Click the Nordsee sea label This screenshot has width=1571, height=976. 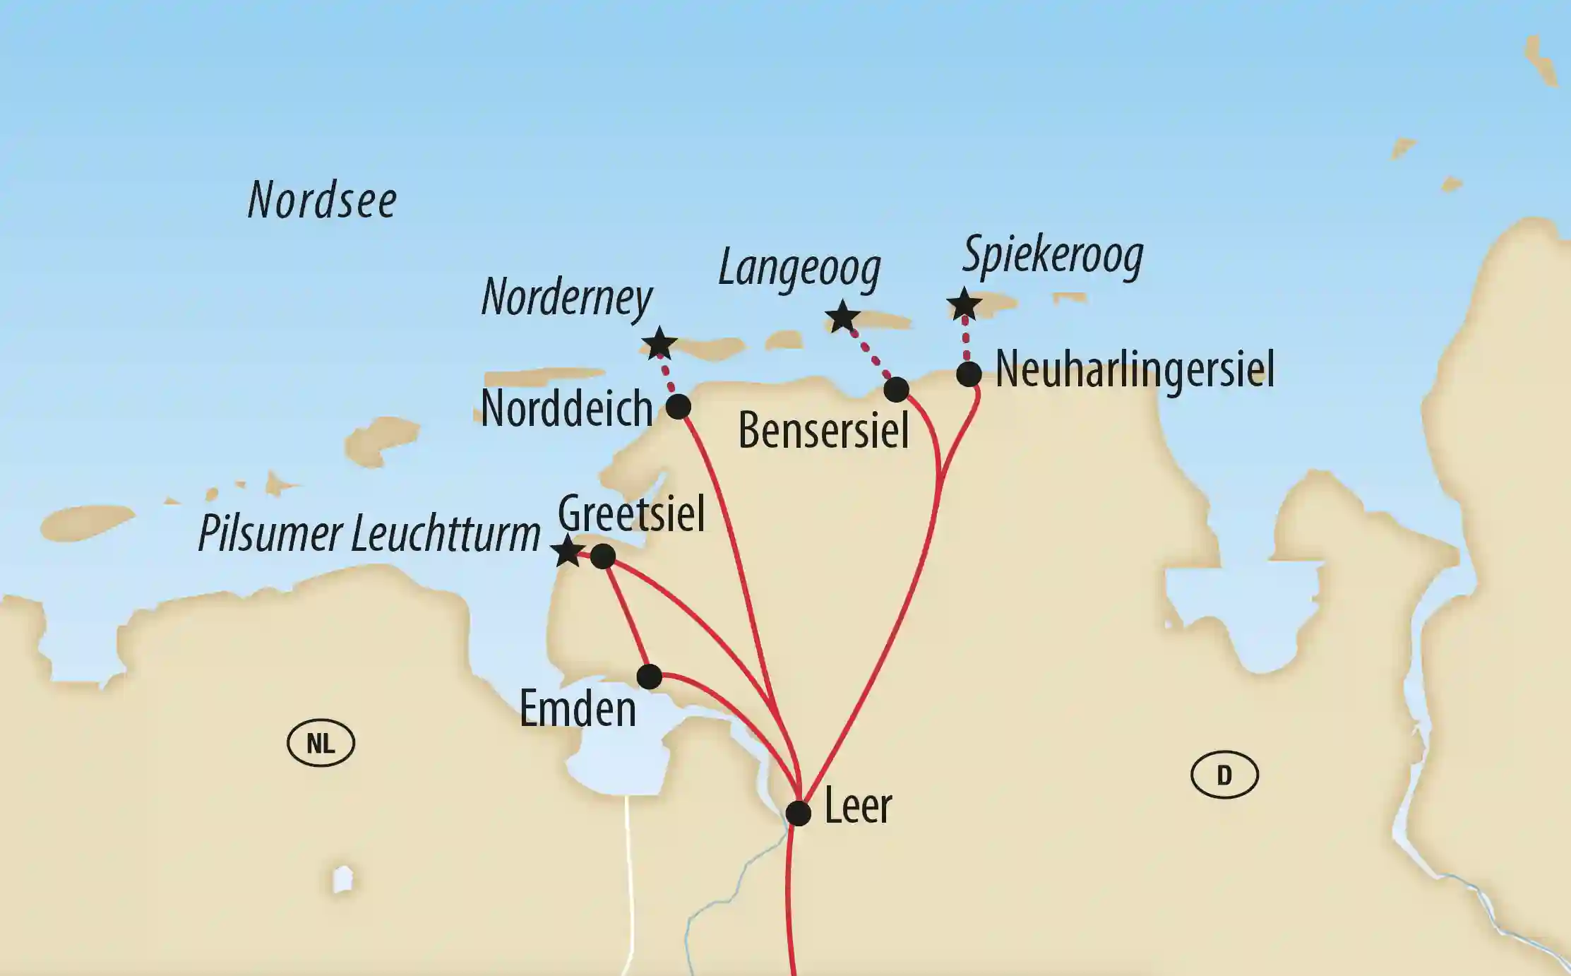coord(322,200)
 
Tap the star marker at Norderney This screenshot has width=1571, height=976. coord(659,344)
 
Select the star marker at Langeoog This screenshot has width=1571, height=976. coord(842,316)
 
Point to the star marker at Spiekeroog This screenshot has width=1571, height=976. coord(964,305)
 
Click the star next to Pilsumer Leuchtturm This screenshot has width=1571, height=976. coord(568,551)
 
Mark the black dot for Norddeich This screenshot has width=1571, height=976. coord(678,407)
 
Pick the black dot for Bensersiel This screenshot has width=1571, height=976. coord(896,389)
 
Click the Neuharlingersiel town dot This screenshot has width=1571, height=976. coord(969,374)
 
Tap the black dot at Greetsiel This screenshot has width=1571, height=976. coord(602,557)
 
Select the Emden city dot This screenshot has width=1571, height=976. coord(649,677)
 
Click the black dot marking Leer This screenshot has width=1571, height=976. coord(798,813)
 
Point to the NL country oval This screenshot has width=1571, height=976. coord(321,743)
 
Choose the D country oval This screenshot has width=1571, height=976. coord(1224,775)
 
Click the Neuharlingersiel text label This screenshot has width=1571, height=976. coord(1135,369)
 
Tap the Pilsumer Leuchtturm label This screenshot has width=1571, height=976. coord(369,533)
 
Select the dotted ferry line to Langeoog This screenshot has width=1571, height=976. coord(869,355)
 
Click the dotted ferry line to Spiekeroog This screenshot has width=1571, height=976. coord(966,341)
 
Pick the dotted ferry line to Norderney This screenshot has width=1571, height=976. coord(668,376)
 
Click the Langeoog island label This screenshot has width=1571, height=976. coord(799,269)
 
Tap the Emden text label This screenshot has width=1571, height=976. coord(578,709)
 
